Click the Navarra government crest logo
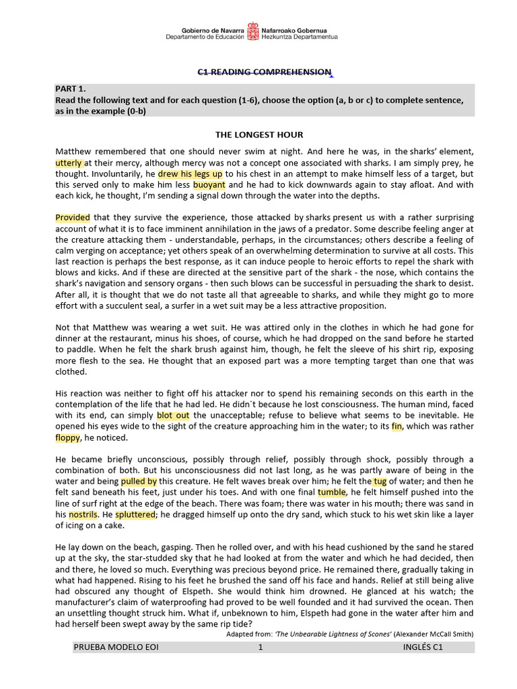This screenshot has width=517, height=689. pyautogui.click(x=252, y=31)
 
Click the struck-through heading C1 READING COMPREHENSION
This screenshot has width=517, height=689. pyautogui.click(x=264, y=72)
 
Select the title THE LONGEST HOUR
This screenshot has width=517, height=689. pyautogui.click(x=258, y=135)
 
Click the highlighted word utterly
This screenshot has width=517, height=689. pyautogui.click(x=69, y=163)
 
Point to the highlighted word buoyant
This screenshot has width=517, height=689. pyautogui.click(x=209, y=184)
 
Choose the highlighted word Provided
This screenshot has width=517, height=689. pyautogui.click(x=73, y=217)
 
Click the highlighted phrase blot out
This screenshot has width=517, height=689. pyautogui.click(x=173, y=415)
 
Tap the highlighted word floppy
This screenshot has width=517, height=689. pyautogui.click(x=67, y=437)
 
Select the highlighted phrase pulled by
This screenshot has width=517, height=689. pyautogui.click(x=139, y=482)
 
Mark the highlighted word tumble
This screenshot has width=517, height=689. pyautogui.click(x=331, y=493)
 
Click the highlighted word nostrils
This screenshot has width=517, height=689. pyautogui.click(x=83, y=514)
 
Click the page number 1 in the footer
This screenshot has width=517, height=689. pyautogui.click(x=260, y=647)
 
